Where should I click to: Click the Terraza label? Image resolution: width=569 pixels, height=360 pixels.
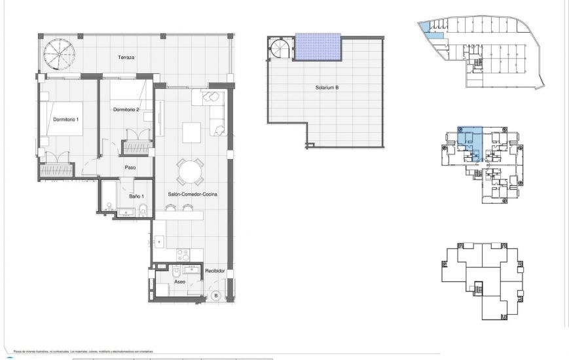click(126, 58)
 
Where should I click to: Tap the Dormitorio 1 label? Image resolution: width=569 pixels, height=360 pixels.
click(65, 119)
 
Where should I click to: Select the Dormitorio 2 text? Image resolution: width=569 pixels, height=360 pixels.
click(126, 109)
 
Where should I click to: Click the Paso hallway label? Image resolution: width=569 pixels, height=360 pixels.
click(130, 168)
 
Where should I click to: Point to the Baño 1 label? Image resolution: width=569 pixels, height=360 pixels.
click(136, 196)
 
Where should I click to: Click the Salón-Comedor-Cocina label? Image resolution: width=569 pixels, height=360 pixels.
click(193, 194)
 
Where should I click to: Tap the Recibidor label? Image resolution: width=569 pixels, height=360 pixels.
click(215, 270)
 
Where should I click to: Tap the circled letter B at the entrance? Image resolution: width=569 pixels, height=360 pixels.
click(216, 295)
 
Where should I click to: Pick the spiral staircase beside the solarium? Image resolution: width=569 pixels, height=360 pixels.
click(282, 49)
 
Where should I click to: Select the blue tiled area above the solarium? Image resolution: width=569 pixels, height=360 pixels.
click(318, 46)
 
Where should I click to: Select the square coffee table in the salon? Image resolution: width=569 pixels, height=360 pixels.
click(191, 133)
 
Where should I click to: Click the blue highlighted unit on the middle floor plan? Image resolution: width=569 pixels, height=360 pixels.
click(471, 141)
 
